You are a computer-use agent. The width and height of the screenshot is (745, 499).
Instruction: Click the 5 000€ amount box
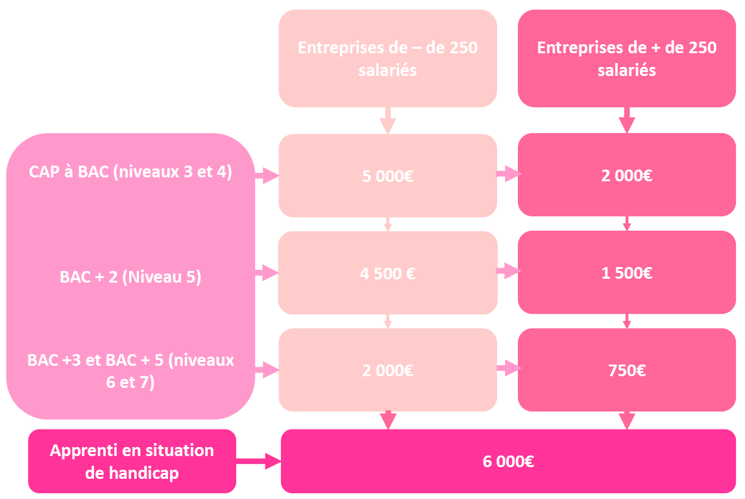pos(387,175)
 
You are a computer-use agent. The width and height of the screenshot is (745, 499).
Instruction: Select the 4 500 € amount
pos(387,273)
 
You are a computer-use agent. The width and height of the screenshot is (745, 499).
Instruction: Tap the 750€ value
pos(627,370)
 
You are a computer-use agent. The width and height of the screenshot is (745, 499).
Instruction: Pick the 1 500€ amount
pos(627,273)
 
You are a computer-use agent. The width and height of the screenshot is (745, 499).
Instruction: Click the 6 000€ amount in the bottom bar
pos(508,461)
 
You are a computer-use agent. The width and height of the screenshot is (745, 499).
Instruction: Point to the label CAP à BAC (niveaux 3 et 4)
pos(130,172)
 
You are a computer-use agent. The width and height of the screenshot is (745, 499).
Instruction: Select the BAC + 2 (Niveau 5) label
pos(130,277)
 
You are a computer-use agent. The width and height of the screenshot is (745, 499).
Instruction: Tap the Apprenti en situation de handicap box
pos(132,461)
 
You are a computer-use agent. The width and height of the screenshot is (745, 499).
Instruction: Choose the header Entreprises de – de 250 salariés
pos(387,58)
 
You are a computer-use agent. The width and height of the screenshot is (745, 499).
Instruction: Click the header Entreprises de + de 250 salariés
pos(627,58)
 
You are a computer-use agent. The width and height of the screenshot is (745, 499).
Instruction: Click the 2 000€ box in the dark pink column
pos(627,175)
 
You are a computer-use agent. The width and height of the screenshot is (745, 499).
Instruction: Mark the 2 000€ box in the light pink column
pos(387,370)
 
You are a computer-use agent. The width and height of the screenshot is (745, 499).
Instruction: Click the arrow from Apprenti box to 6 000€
pos(258,461)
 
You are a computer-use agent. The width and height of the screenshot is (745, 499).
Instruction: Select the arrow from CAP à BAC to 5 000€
pos(267,175)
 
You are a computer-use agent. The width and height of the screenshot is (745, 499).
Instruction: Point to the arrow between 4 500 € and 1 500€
pos(508,271)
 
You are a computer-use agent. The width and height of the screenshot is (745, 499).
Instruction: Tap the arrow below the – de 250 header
pos(387,120)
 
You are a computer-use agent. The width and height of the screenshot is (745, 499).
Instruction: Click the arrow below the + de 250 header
pos(627,120)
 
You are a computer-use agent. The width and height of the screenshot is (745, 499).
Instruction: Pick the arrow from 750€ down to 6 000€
pos(627,420)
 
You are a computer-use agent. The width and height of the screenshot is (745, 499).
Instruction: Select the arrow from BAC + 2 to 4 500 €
pos(267,273)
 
